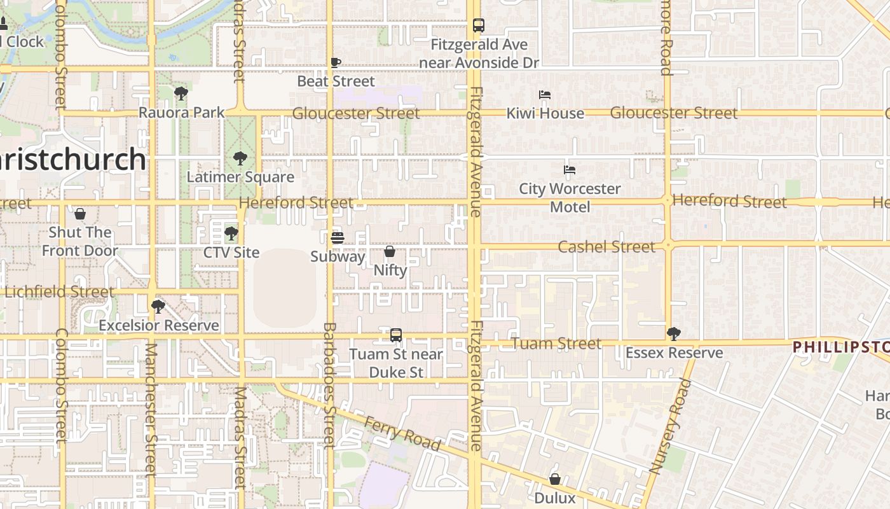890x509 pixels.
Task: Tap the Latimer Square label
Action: [x=240, y=177]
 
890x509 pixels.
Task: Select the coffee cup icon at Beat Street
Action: [x=336, y=62]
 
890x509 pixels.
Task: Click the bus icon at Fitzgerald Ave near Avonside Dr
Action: [x=479, y=25]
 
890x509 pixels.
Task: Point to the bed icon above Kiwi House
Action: [x=545, y=95]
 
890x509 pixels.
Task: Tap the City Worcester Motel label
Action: [x=570, y=198]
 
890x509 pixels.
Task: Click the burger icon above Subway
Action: [x=338, y=238]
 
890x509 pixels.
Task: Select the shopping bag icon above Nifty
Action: [x=390, y=252]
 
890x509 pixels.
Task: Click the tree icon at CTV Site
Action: [x=231, y=234]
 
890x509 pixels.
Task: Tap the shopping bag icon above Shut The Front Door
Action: [x=80, y=214]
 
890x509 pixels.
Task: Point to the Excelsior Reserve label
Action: [x=159, y=326]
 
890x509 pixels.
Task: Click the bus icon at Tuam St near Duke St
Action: [x=396, y=335]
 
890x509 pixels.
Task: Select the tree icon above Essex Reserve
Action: [x=674, y=334]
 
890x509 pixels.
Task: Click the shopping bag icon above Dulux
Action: [x=555, y=479]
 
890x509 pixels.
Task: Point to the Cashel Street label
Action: [x=606, y=247]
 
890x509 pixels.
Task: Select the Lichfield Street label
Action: [x=60, y=292]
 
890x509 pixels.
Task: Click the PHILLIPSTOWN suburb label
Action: [x=840, y=347]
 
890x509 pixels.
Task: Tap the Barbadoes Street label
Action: [x=329, y=385]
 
